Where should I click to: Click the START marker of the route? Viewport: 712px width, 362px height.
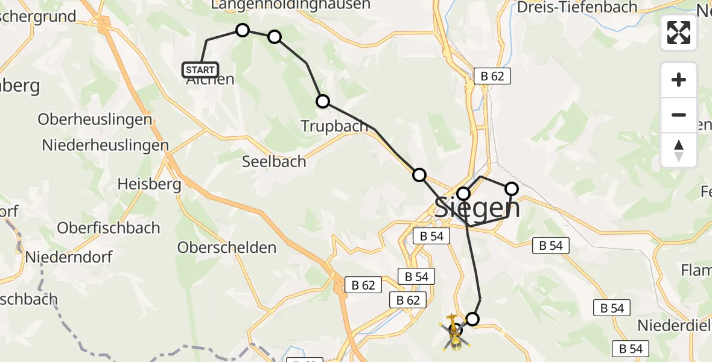[x=200, y=70]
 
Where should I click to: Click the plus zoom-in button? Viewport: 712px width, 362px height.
[x=679, y=80]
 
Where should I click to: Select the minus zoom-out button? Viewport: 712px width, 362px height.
[x=679, y=115]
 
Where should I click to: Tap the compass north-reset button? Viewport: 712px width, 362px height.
[x=679, y=150]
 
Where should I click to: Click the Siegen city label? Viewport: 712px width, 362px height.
[x=477, y=208]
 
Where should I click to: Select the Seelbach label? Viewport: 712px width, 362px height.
[x=274, y=162]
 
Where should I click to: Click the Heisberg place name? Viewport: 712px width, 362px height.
[x=150, y=183]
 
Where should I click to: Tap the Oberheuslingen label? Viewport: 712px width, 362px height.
[x=95, y=119]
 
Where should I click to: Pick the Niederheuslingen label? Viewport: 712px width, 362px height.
[x=105, y=145]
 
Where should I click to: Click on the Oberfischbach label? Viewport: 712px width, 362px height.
[x=109, y=228]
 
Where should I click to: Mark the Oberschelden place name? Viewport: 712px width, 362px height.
[x=227, y=247]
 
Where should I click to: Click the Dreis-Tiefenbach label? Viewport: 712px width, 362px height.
[x=577, y=7]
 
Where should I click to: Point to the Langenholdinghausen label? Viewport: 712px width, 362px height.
[x=290, y=5]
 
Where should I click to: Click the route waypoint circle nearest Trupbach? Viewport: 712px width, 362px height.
[x=323, y=101]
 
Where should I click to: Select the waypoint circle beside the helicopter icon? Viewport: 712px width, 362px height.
[x=472, y=319]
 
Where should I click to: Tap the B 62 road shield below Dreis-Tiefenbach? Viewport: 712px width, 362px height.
[x=492, y=76]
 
